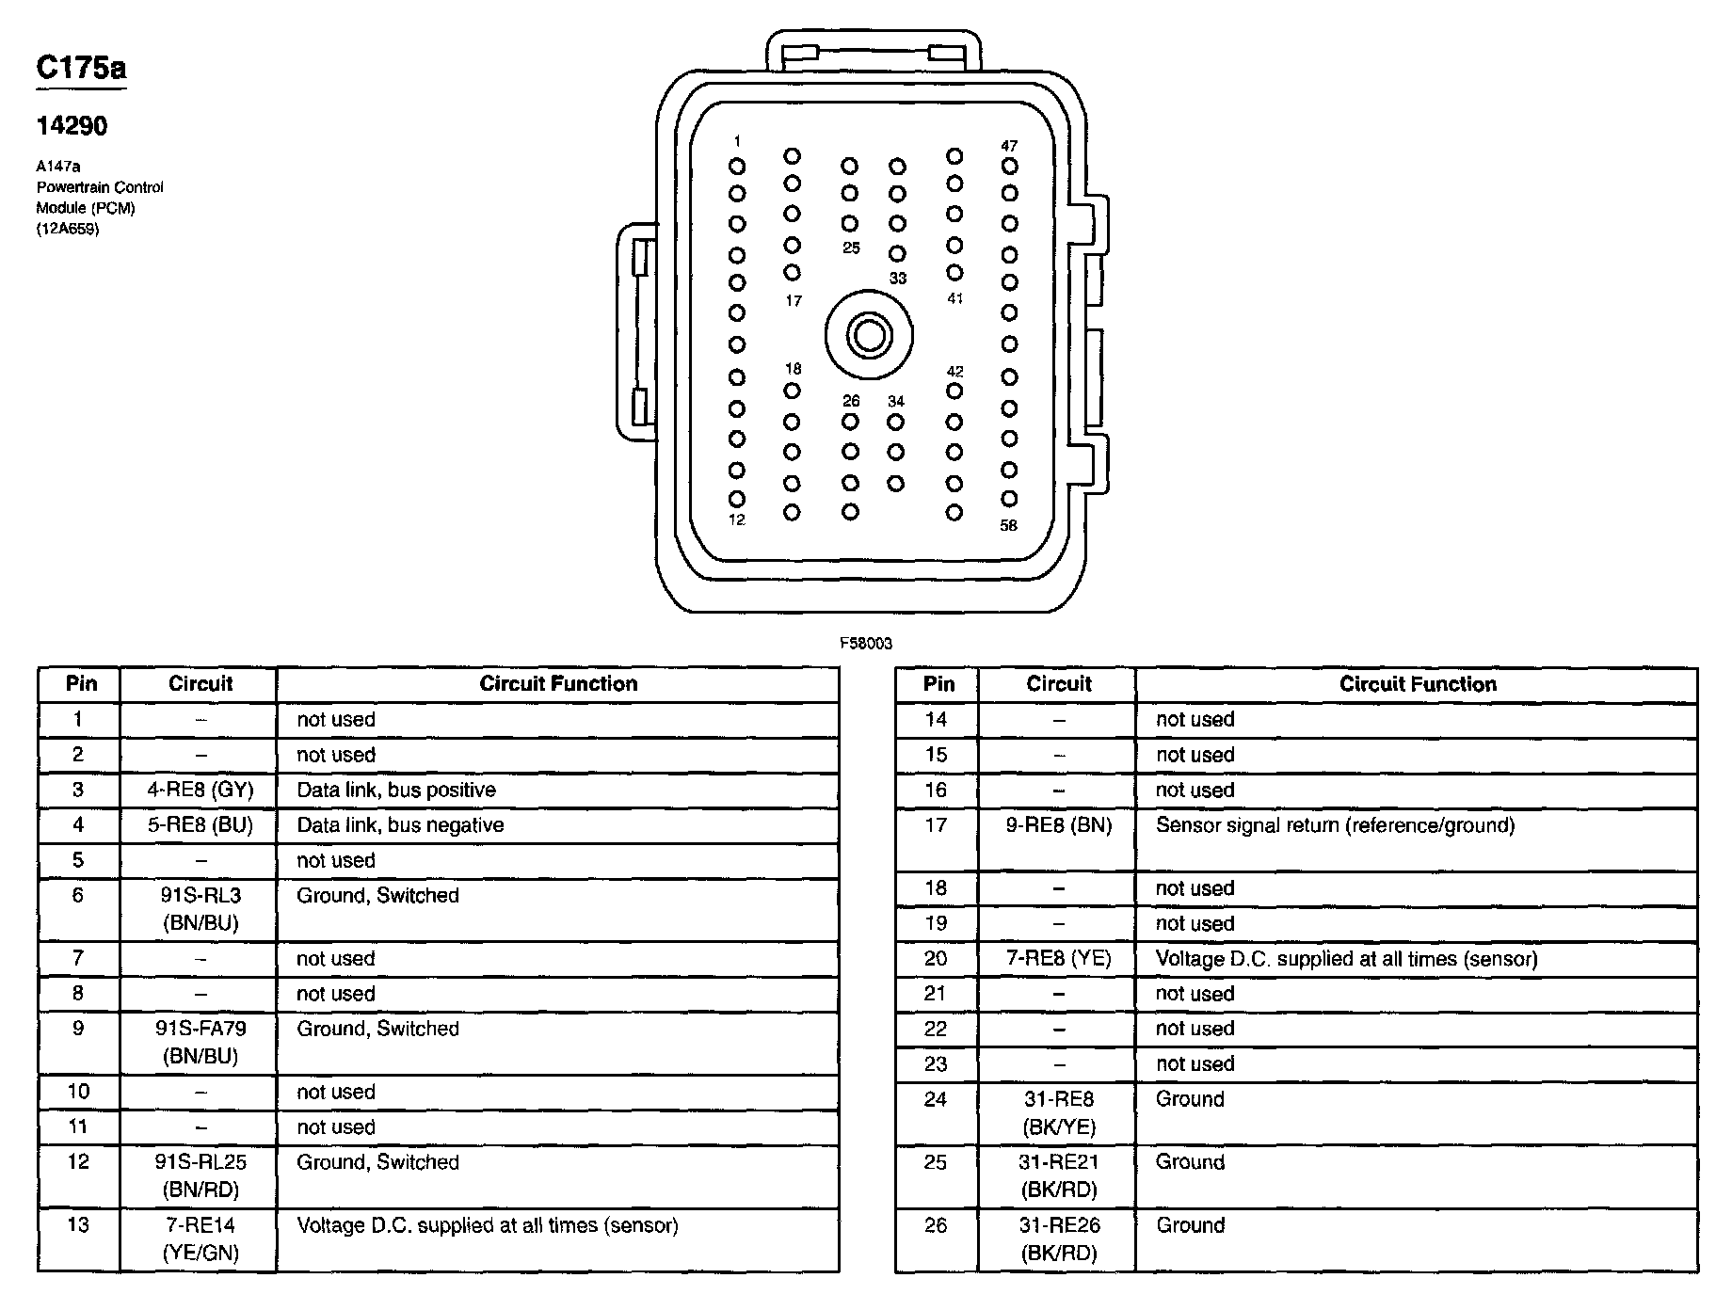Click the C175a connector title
coord(81,68)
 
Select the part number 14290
coord(72,126)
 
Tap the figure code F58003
coord(866,644)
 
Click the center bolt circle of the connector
coord(869,336)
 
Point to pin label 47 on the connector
coord(1009,146)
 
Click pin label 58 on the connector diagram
coord(1009,525)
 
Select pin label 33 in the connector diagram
coord(898,279)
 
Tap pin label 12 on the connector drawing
coord(736,519)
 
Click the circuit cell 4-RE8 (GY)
coord(200,790)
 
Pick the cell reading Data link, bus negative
coord(400,825)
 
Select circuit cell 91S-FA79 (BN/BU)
coord(200,1042)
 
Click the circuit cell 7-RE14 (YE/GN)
coord(200,1238)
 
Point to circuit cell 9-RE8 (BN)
coord(1058,825)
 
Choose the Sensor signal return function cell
coord(1335,825)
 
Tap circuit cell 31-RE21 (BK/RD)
coord(1058,1175)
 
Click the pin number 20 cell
coord(936,959)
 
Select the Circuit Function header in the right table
coord(1417,684)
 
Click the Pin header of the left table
coord(81,684)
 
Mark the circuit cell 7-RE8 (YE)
coord(1058,959)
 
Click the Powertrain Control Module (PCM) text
coord(100,198)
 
